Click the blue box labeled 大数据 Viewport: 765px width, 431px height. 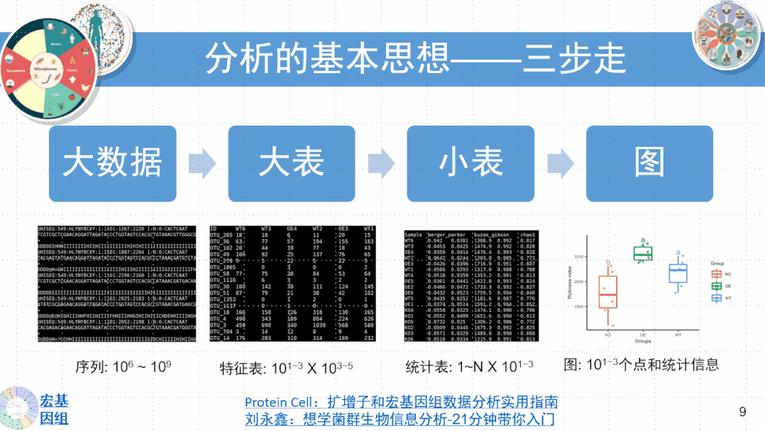point(112,163)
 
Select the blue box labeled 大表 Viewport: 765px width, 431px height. point(291,163)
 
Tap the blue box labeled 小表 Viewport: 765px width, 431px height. point(470,163)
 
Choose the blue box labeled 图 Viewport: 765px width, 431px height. point(649,163)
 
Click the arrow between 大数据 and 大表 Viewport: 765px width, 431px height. point(202,162)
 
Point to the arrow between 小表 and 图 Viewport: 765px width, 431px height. point(560,162)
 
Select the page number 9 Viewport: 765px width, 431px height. point(742,411)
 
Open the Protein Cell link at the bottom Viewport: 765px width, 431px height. point(401,402)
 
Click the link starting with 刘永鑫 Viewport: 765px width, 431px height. point(400,419)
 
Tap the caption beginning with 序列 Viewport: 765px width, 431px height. point(123,367)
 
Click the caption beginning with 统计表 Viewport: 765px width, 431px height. point(469,367)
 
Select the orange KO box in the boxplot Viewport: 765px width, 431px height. point(608,291)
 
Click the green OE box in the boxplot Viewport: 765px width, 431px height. point(643,253)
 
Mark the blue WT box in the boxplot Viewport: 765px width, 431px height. point(678,273)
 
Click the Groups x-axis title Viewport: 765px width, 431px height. point(643,342)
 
